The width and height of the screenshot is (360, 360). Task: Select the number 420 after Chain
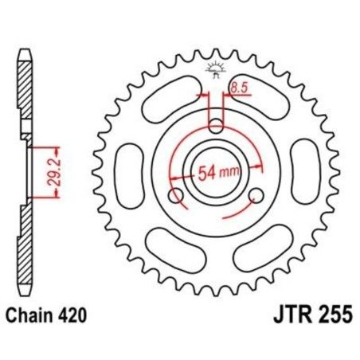(70, 317)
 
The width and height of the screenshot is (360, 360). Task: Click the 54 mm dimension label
(217, 173)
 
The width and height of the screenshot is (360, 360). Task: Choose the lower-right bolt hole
(256, 196)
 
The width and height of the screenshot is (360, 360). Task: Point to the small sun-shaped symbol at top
(215, 68)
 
